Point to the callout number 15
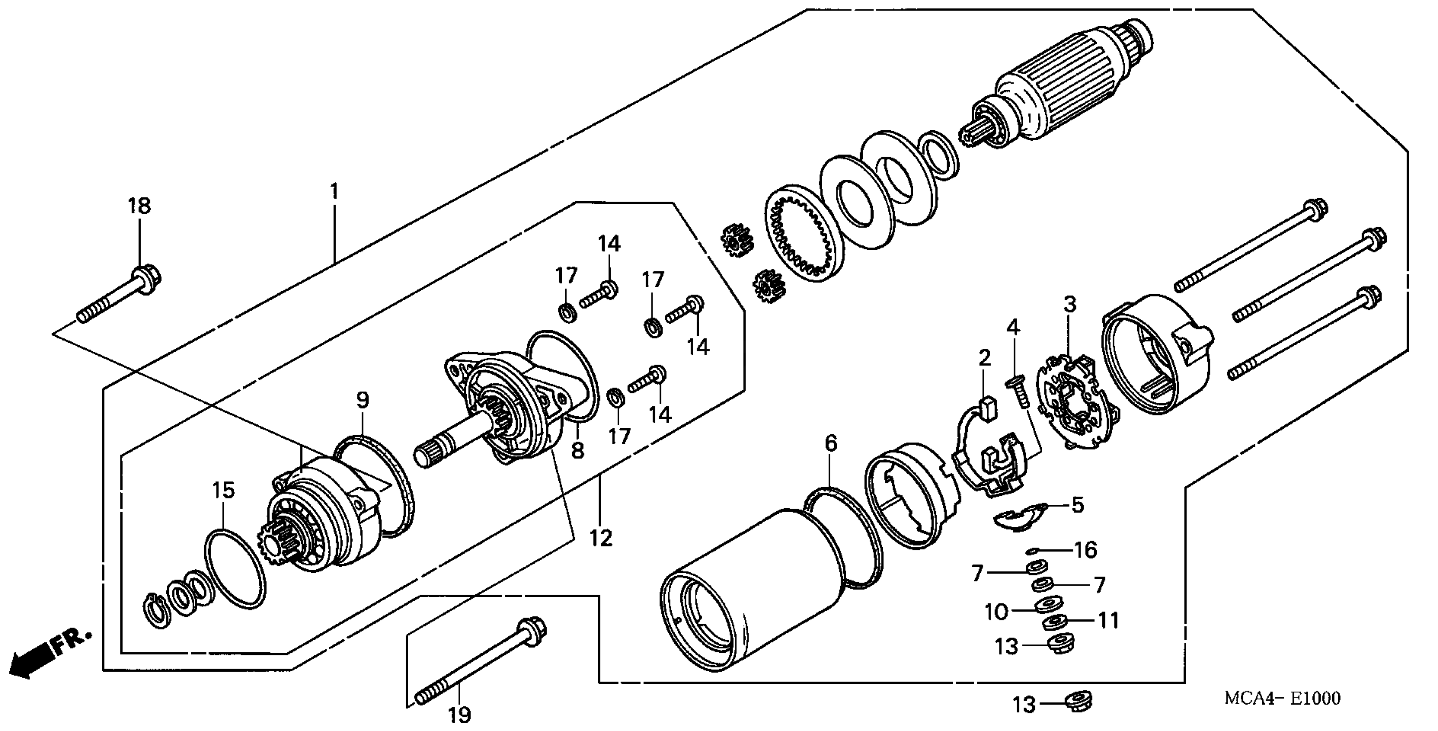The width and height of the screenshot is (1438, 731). (223, 491)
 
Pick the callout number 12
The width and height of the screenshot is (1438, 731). (601, 538)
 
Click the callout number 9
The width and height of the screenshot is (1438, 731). (363, 400)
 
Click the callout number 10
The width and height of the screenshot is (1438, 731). (996, 611)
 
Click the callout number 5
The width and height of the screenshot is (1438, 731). (1077, 505)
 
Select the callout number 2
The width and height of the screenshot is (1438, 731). (984, 358)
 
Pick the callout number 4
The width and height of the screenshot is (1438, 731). (1013, 328)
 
